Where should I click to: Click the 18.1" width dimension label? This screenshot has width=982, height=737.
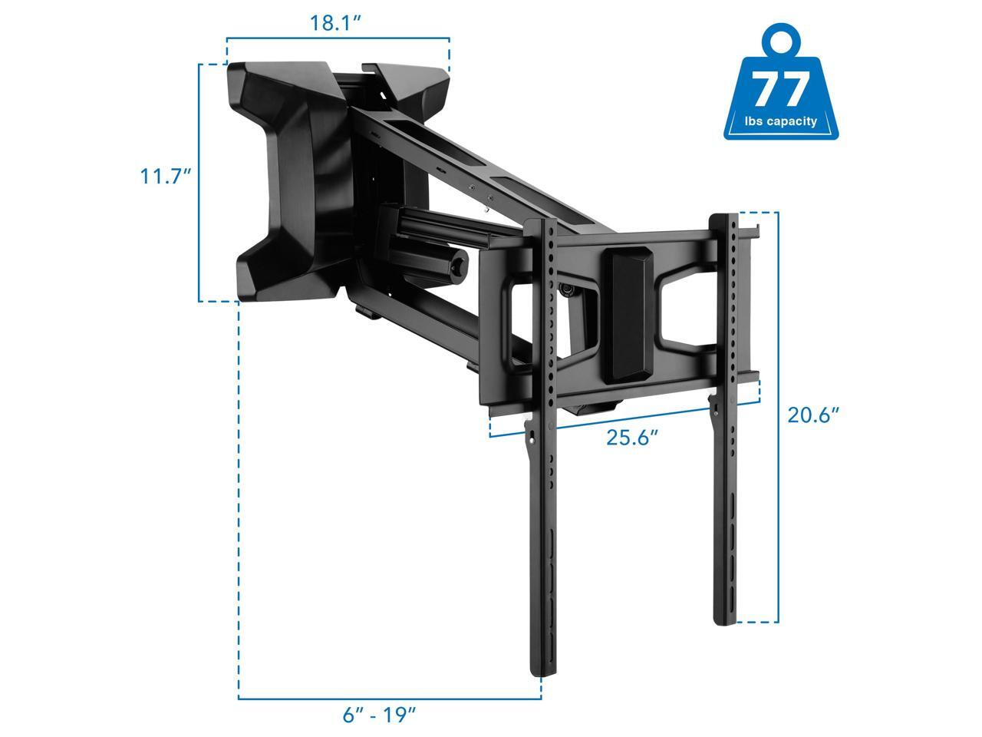coord(335,23)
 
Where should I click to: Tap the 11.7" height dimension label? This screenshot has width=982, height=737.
coord(166,176)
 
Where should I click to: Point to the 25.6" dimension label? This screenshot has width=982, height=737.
coord(632,437)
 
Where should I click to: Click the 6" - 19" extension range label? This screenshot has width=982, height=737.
coord(380,715)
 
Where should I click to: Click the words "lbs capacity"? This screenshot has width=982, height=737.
coord(781,121)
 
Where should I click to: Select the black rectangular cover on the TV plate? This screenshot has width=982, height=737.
coord(628,316)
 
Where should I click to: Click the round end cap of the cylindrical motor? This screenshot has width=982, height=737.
coord(456,268)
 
